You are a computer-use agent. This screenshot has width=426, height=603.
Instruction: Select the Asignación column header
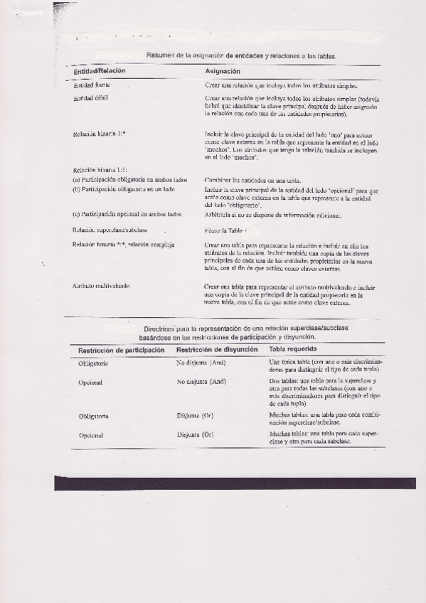coord(223,71)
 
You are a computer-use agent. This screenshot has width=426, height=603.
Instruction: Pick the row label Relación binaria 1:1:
coord(99,171)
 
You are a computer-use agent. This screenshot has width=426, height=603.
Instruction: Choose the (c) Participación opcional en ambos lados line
coord(127,214)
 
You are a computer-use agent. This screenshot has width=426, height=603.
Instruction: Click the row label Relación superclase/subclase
coord(110,230)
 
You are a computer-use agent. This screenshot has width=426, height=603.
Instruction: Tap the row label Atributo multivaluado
coord(101,286)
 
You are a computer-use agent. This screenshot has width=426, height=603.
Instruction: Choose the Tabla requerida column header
coord(293,350)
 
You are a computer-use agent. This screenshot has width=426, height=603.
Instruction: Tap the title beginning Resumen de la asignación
coord(242,55)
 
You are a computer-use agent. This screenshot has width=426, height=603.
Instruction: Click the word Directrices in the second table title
coord(160,329)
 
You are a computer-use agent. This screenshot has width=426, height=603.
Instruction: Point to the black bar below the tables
coord(235,484)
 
